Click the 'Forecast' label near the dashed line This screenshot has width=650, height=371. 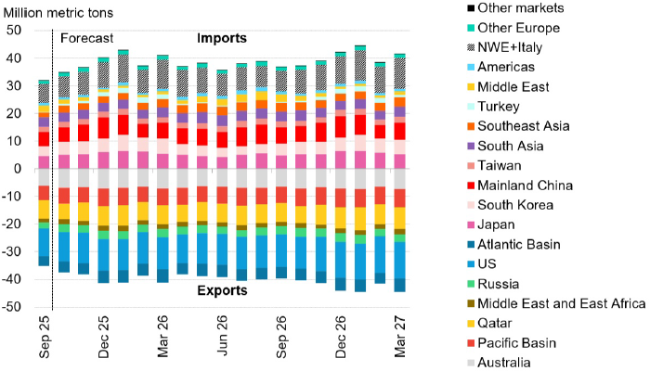[x=86, y=39]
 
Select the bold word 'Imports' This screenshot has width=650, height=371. [x=222, y=39]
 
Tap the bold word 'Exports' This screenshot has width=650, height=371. [x=222, y=290]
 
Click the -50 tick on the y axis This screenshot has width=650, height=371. [x=13, y=307]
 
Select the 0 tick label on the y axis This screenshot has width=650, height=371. [x=19, y=169]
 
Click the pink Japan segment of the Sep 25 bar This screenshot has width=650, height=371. [x=44, y=162]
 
